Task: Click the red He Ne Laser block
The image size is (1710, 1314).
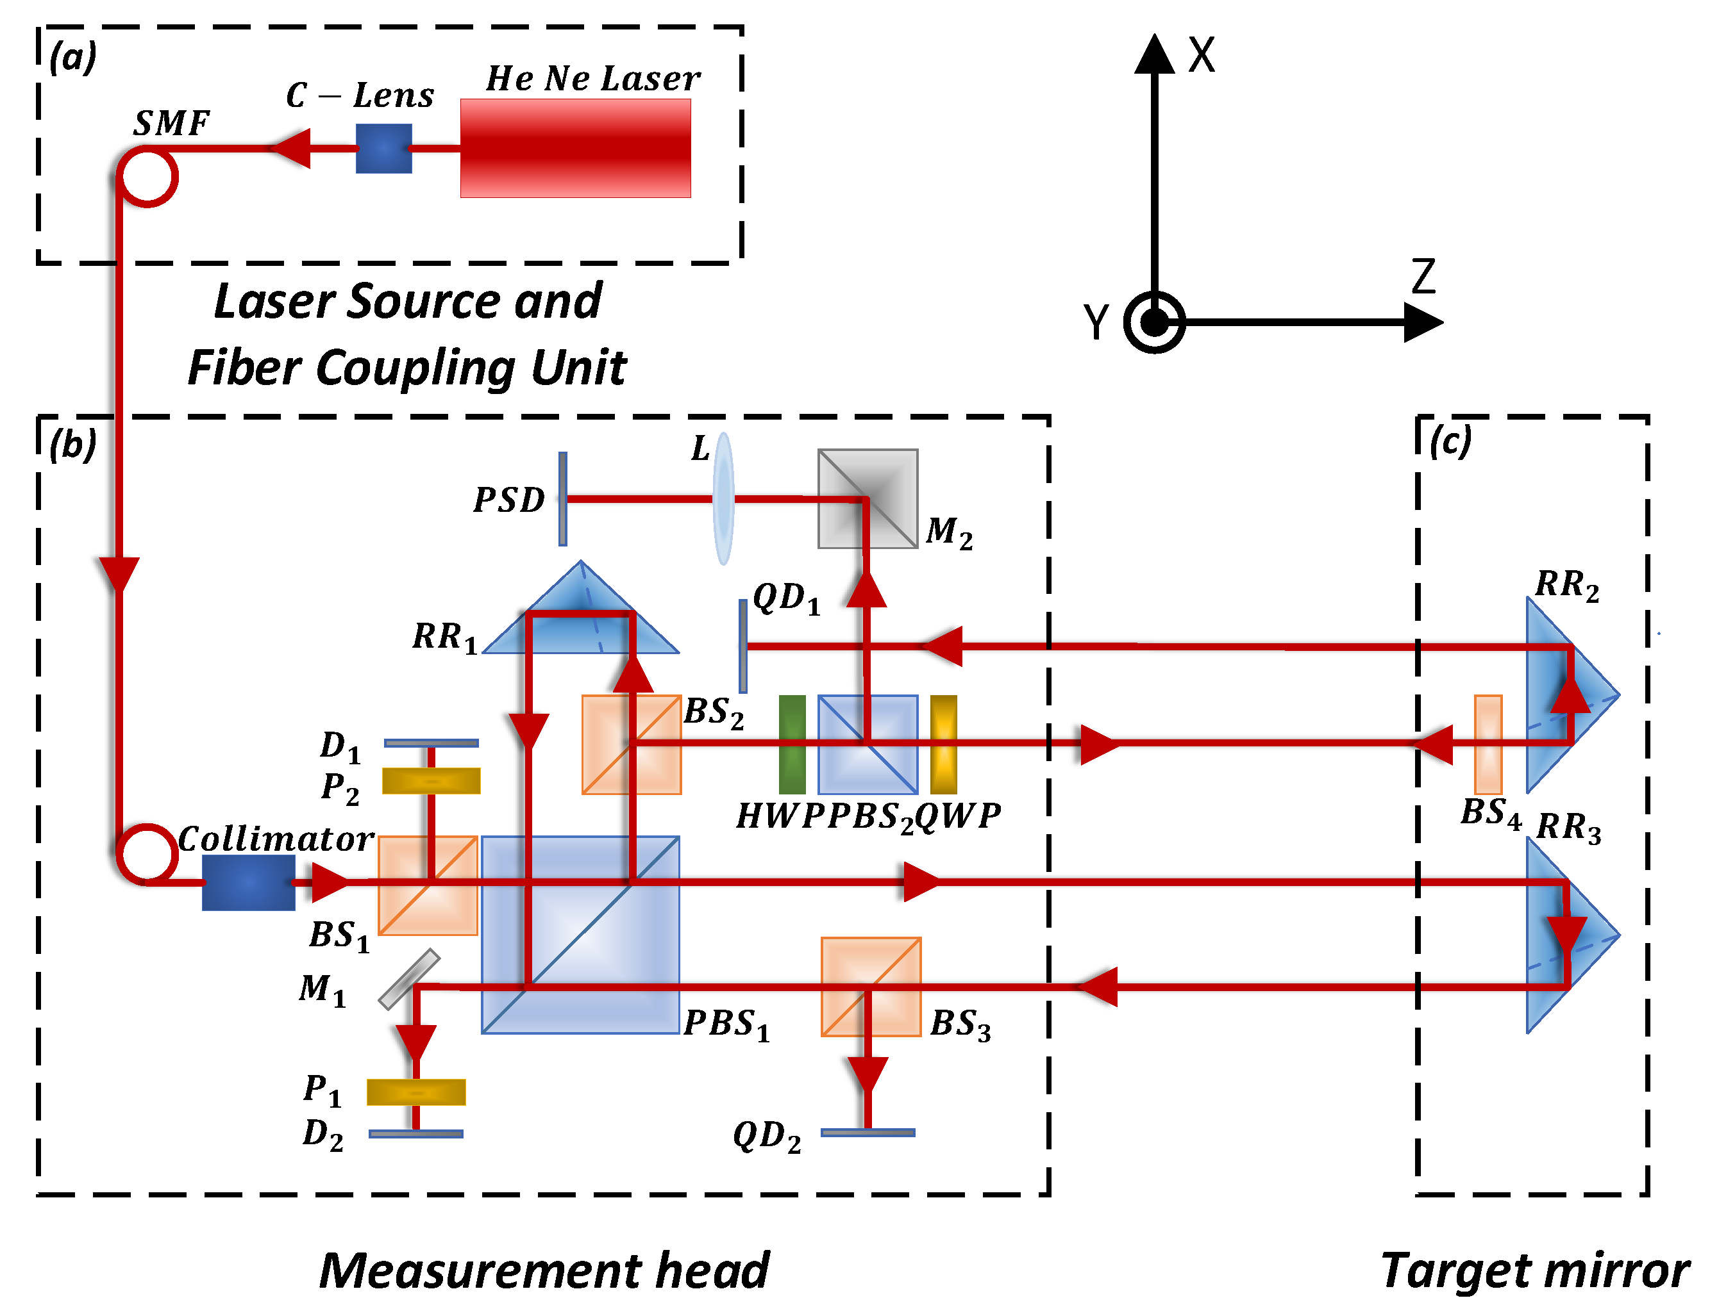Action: click(574, 148)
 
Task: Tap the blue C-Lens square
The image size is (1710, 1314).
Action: click(383, 148)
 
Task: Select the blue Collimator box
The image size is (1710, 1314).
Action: click(248, 882)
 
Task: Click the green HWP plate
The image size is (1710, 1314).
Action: click(791, 744)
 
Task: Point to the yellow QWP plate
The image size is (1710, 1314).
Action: click(943, 744)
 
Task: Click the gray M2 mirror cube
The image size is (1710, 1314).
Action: click(867, 498)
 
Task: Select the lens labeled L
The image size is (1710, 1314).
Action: click(723, 498)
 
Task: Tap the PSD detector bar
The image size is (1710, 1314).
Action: click(562, 498)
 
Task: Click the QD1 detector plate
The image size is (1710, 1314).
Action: click(742, 646)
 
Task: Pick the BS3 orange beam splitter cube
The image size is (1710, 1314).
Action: click(870, 987)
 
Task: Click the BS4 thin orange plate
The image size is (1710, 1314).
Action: click(1487, 744)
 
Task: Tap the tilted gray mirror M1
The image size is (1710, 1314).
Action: click(408, 979)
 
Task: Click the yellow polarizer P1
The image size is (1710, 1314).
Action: click(415, 1092)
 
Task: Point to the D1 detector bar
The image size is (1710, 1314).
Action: click(430, 743)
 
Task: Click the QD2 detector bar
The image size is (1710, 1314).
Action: click(867, 1132)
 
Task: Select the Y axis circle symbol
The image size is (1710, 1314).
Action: click(1153, 322)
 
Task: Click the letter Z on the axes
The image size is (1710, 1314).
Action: click(1422, 277)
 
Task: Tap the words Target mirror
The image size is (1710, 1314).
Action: click(1534, 1270)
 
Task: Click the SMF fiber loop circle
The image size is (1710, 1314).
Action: click(147, 177)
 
